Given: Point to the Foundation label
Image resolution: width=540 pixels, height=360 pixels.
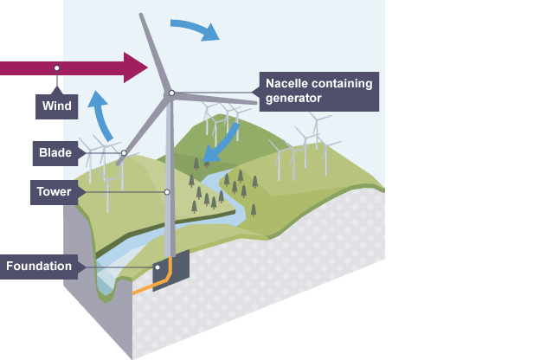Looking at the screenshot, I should pyautogui.click(x=38, y=266).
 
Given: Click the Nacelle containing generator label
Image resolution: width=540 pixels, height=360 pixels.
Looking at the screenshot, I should pyautogui.click(x=318, y=91).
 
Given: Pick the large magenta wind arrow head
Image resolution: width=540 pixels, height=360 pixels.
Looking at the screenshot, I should pyautogui.click(x=136, y=67).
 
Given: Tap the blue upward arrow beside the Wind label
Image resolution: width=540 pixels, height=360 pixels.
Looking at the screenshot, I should pyautogui.click(x=101, y=112).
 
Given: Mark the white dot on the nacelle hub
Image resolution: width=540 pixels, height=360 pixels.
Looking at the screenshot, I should pyautogui.click(x=171, y=93).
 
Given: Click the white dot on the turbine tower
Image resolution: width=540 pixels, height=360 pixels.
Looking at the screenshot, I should pyautogui.click(x=167, y=191).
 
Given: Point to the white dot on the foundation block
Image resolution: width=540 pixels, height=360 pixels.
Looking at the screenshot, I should pyautogui.click(x=158, y=267).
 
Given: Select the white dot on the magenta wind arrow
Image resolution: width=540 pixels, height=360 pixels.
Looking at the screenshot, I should pyautogui.click(x=56, y=67).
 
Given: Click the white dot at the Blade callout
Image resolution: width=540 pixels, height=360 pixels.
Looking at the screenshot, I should pyautogui.click(x=124, y=154).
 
